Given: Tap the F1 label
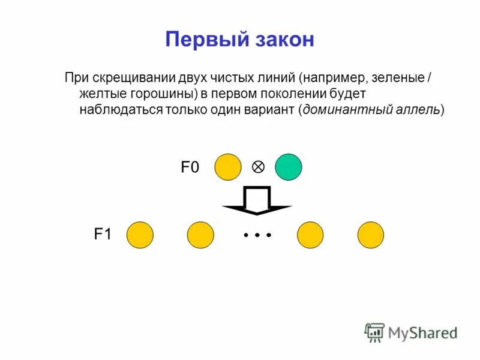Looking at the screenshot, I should click(x=103, y=235).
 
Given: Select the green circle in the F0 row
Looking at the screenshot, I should click(x=289, y=167).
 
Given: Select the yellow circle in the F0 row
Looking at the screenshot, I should click(x=229, y=167).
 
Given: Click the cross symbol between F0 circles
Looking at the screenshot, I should click(x=258, y=167).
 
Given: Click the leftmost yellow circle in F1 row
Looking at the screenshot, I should click(x=140, y=235).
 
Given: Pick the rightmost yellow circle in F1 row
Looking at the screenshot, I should click(x=371, y=235).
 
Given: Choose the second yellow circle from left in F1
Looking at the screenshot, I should click(x=200, y=235).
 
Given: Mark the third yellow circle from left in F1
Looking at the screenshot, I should click(x=310, y=235).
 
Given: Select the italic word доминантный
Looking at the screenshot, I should click(x=340, y=110).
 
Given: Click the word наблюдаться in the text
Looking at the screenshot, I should click(x=116, y=110).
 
